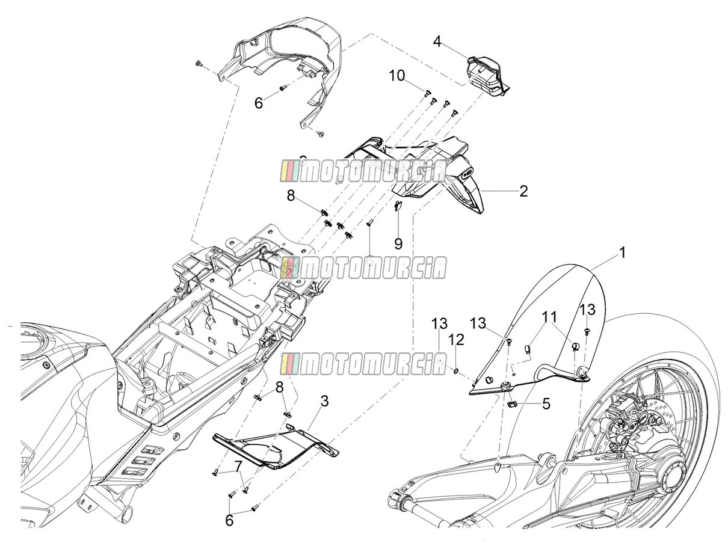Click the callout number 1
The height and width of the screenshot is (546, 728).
(x=623, y=253)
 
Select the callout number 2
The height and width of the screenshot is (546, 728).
(x=523, y=191)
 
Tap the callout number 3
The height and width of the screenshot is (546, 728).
(x=325, y=401)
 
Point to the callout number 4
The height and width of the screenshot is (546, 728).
(x=437, y=41)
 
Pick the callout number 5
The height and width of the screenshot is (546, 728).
(x=546, y=403)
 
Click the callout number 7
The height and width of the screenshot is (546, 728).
(x=237, y=466)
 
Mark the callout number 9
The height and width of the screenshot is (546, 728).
(x=398, y=244)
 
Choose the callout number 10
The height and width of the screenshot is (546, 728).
(x=397, y=76)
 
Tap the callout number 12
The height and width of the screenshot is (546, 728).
(x=457, y=340)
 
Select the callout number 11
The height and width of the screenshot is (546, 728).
(x=549, y=317)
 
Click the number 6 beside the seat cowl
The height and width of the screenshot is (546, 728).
(x=259, y=103)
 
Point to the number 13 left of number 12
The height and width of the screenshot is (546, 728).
(x=439, y=324)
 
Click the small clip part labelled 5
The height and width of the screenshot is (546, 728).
(x=513, y=404)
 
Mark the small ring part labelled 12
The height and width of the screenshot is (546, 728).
(x=457, y=370)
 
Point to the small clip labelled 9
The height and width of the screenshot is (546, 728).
(x=398, y=206)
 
